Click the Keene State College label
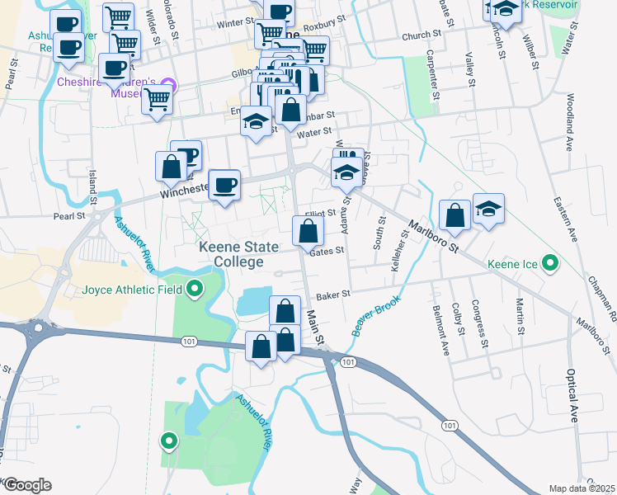[x=230, y=254]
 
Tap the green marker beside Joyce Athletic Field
[x=195, y=289]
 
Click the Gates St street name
[x=327, y=251]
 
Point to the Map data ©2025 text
[x=582, y=488]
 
